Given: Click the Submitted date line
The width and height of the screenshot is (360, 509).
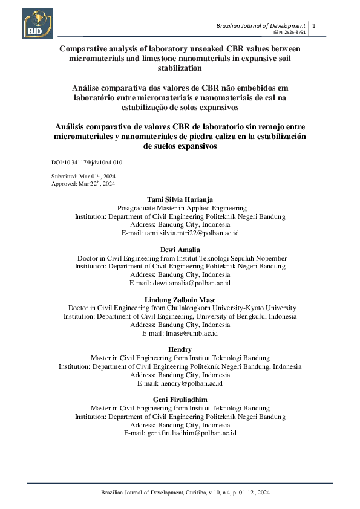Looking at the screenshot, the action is click(x=83, y=176).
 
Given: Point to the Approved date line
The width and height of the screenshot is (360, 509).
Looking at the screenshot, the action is click(x=83, y=183).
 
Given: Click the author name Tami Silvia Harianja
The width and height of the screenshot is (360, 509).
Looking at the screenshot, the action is click(x=180, y=199).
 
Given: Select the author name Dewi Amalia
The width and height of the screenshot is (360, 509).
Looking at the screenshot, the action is click(x=180, y=249).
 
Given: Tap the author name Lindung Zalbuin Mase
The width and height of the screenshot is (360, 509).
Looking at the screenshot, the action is click(x=180, y=299).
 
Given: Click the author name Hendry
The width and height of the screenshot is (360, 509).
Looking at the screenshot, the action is click(x=180, y=349).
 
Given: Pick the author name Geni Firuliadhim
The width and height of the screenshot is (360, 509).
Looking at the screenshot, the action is click(x=180, y=400).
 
